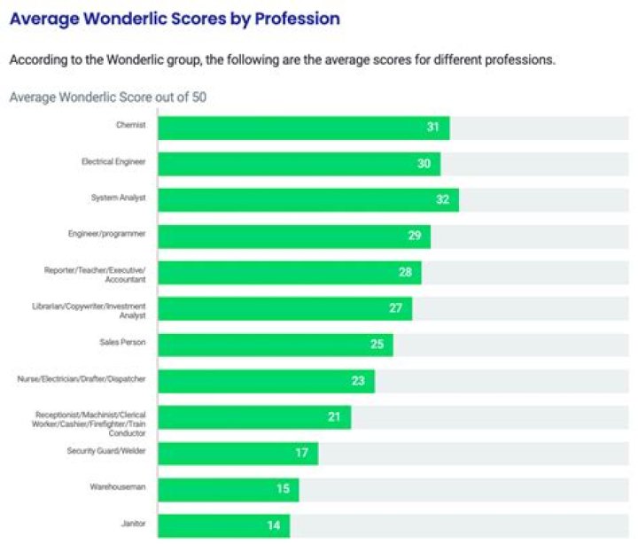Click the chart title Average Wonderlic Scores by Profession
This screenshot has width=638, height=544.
pos(175,18)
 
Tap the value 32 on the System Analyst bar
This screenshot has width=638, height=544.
pos(443,199)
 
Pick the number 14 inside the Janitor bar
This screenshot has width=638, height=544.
pos(274,525)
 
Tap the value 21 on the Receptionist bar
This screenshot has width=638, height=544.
pos(335,416)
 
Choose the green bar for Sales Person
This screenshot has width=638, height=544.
pos(275,345)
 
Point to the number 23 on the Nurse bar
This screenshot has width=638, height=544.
pos(358,381)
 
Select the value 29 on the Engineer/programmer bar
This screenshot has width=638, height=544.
pos(415,237)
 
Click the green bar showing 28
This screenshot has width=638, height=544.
pos(289,272)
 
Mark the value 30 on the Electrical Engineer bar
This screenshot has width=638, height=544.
pos(424,164)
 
